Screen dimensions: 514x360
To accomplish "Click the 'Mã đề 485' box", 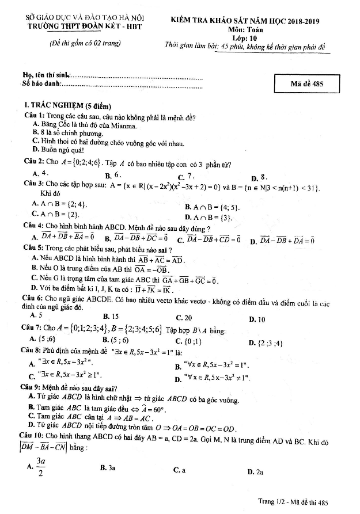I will [307, 83].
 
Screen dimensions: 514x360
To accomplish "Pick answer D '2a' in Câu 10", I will [255, 472].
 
